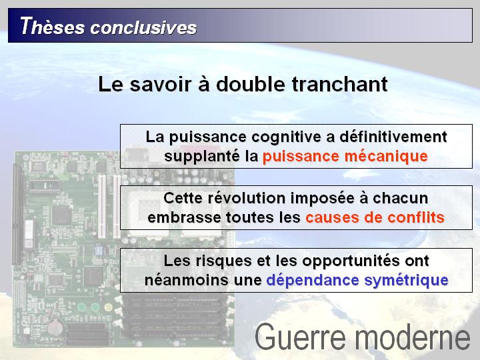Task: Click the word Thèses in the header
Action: pyautogui.click(x=53, y=26)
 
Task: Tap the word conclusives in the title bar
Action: pyautogui.click(x=143, y=27)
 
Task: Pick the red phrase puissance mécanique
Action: pyautogui.click(x=345, y=157)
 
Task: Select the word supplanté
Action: pyautogui.click(x=202, y=157)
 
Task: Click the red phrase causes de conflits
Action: pyautogui.click(x=375, y=217)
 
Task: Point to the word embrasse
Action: pyautogui.click(x=184, y=217)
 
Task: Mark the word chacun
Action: pyautogui.click(x=401, y=199)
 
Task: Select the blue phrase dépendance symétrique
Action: pyautogui.click(x=357, y=281)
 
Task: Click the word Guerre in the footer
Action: pyautogui.click(x=300, y=337)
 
